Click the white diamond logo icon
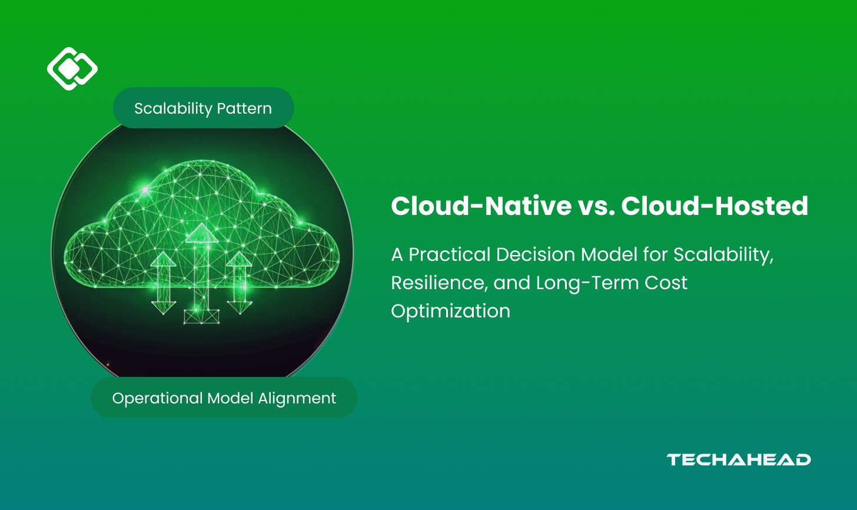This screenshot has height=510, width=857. tap(72, 69)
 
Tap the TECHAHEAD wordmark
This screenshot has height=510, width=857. tap(739, 460)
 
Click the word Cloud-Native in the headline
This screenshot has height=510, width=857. tap(481, 206)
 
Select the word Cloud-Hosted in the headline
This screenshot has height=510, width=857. tap(715, 206)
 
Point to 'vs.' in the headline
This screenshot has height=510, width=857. tap(596, 206)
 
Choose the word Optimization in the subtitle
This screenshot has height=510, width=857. tap(450, 311)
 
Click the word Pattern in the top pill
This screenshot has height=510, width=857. tap(244, 108)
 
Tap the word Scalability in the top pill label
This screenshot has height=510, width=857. tap(172, 108)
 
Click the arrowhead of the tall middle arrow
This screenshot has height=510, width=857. tap(202, 233)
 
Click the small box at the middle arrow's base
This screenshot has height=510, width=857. tap(201, 317)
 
